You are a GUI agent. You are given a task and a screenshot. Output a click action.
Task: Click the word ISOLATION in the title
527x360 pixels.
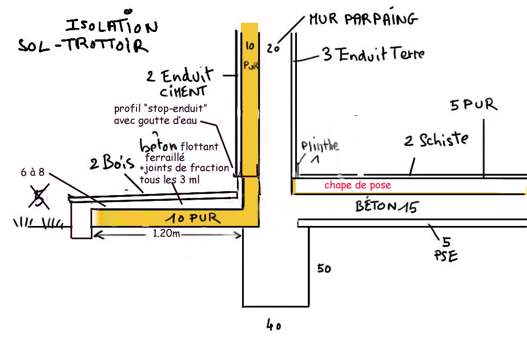111,26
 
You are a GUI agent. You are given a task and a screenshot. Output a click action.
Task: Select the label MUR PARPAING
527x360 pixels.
363,19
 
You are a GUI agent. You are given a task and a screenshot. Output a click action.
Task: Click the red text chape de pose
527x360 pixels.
358,185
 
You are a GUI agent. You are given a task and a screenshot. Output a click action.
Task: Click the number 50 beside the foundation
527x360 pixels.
324,268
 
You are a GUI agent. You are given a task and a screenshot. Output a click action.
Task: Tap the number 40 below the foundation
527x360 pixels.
273,326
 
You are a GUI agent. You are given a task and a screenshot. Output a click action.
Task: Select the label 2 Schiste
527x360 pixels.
436,140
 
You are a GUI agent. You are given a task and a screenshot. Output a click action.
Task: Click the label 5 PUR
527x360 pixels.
473,105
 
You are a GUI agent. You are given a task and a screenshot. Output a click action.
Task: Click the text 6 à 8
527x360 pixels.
37,173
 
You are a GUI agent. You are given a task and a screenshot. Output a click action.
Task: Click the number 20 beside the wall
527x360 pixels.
273,48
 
